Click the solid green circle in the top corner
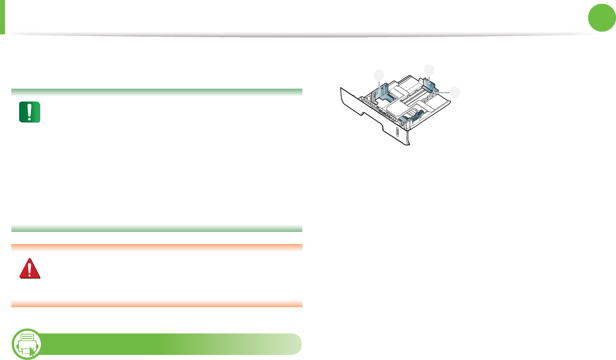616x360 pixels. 602,18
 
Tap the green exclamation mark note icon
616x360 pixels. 30,112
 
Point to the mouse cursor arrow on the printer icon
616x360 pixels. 32,351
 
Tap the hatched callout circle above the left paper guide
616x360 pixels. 379,75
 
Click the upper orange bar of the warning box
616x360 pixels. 157,247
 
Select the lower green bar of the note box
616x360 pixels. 157,229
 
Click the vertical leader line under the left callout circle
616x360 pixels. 379,85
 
